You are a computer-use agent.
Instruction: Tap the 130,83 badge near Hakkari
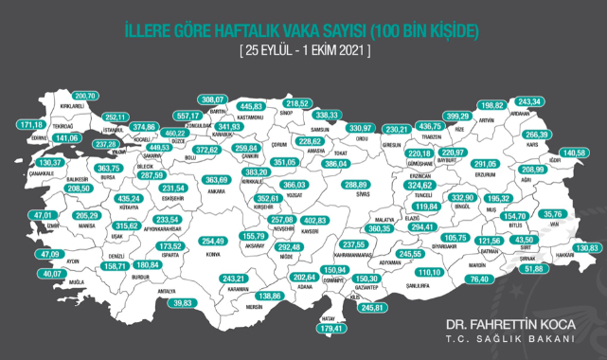coord(588,248)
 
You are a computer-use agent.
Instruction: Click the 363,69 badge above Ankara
coord(218,180)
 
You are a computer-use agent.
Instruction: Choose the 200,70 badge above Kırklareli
coord(85,96)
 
